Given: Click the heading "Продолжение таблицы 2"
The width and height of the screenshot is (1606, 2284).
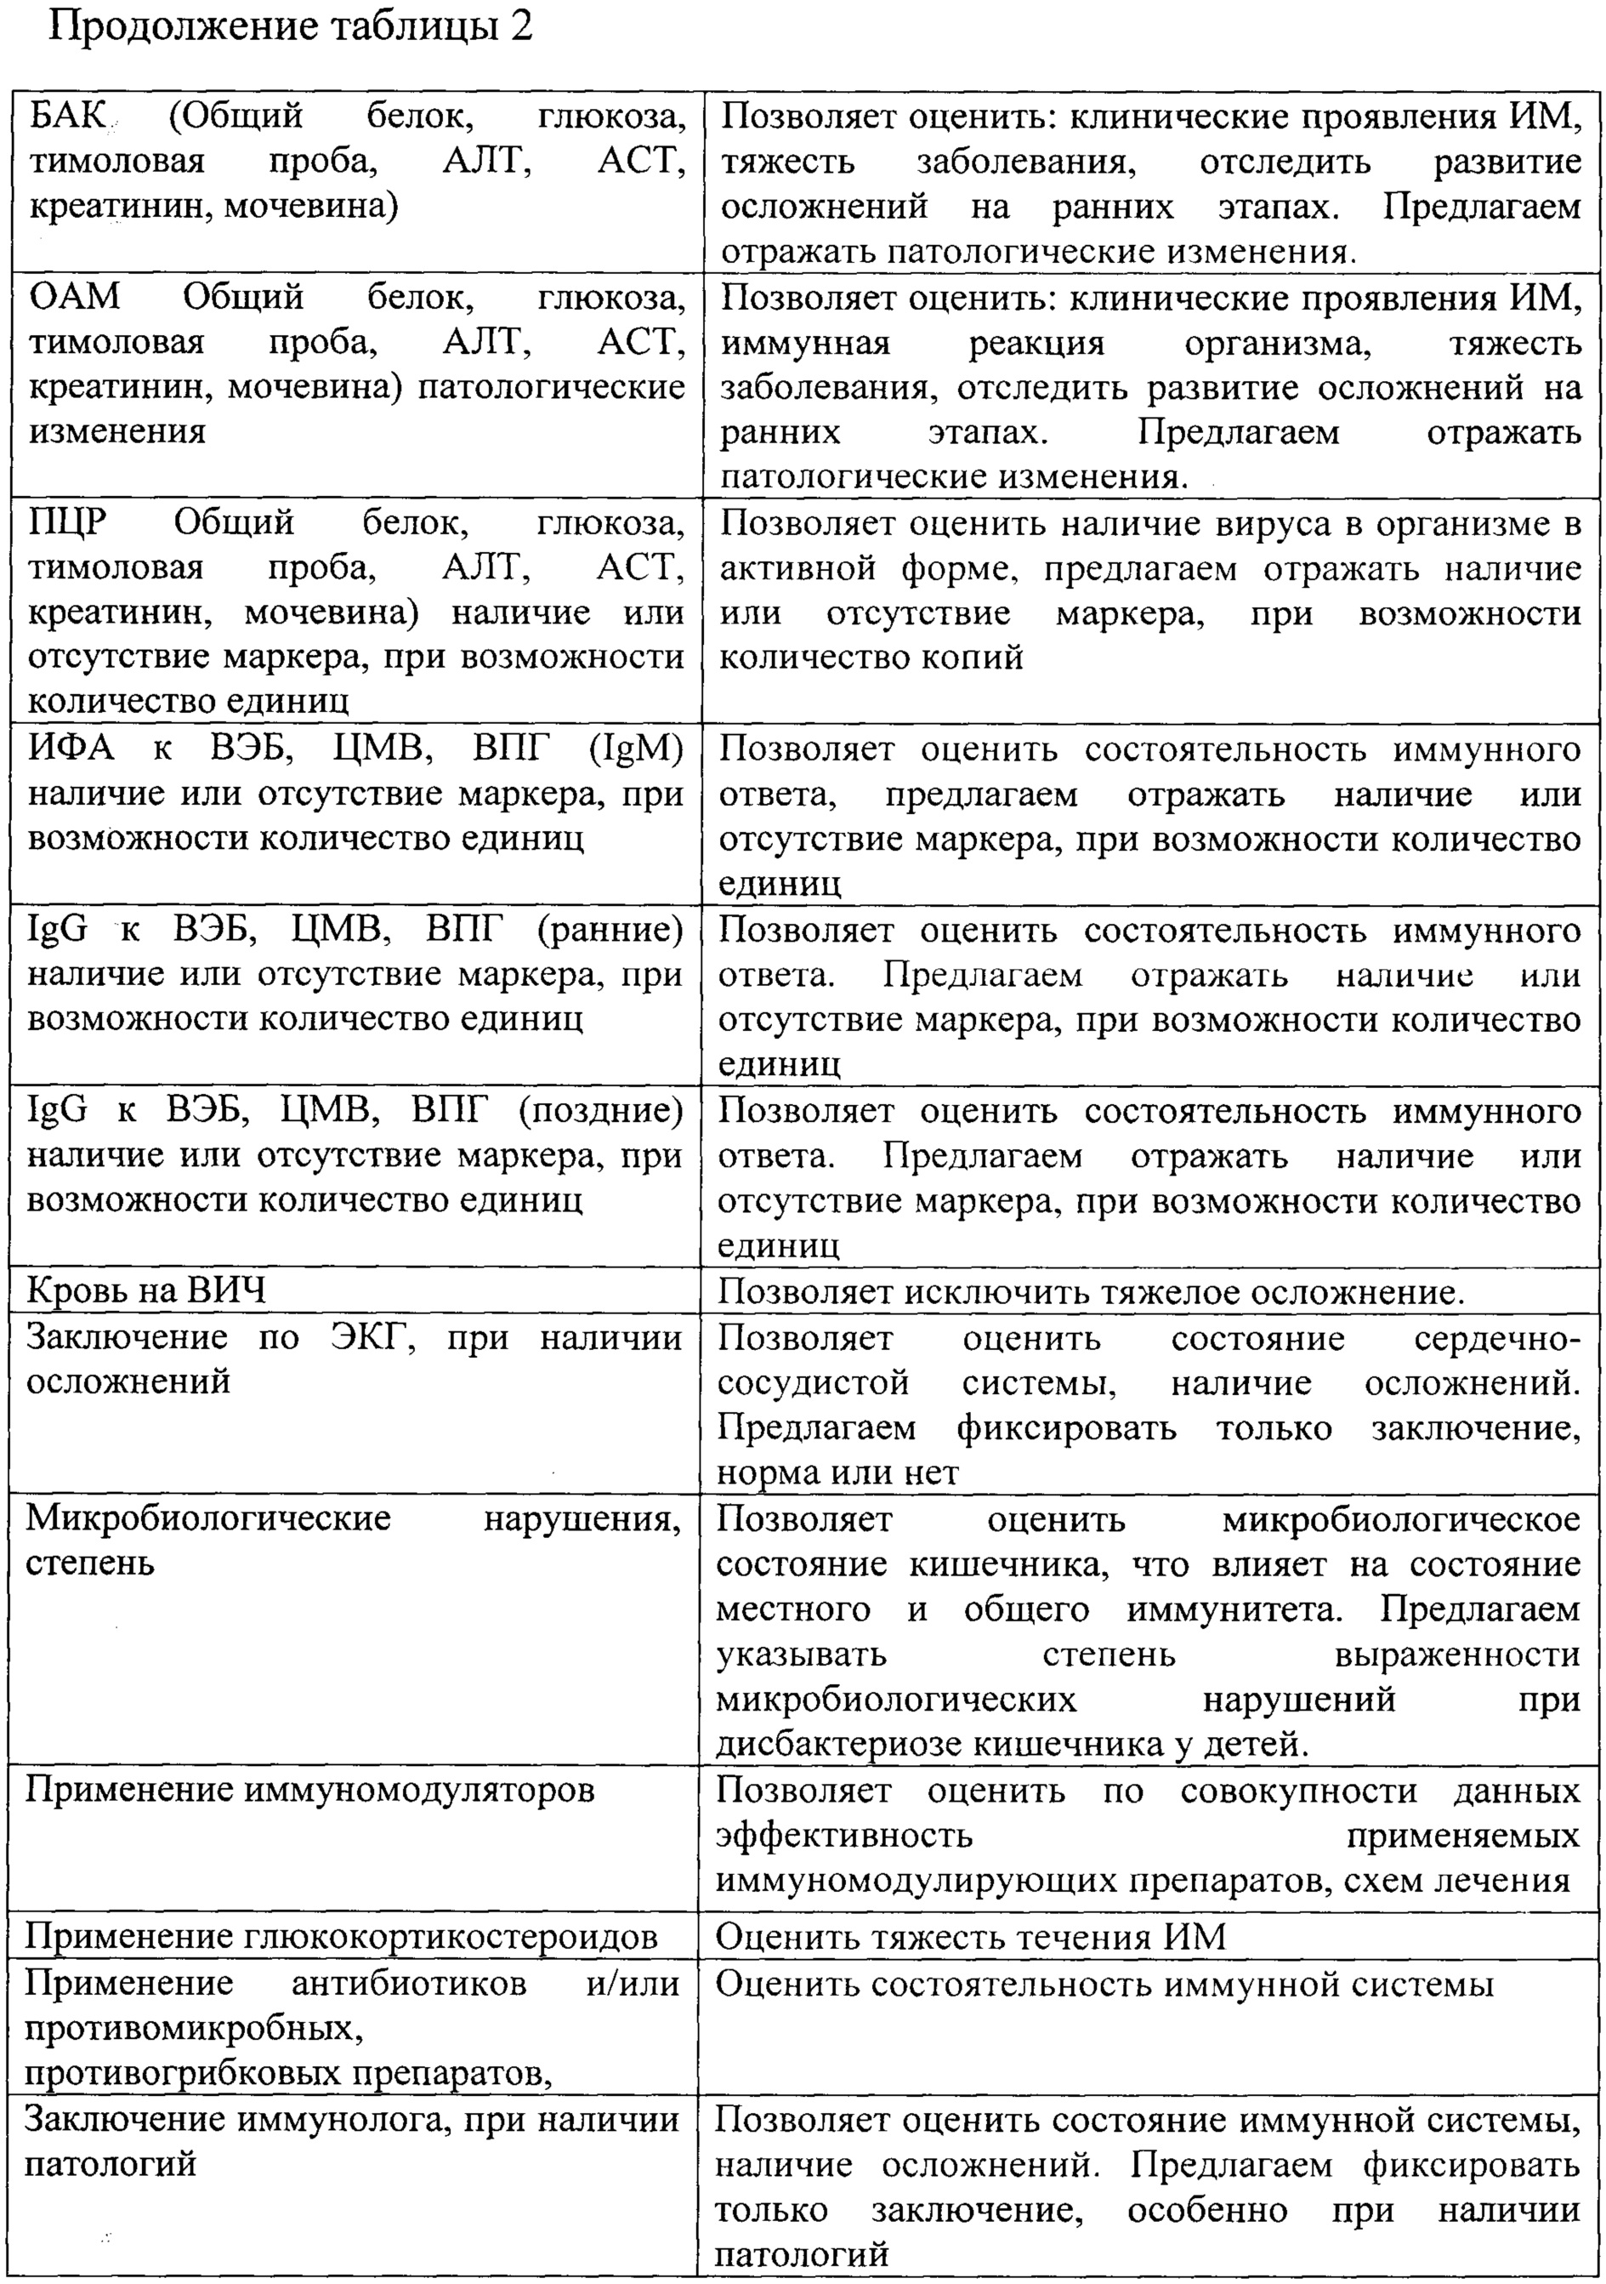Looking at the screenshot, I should [x=291, y=27].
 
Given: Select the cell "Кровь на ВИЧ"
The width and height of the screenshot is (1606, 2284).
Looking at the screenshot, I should [x=147, y=1291].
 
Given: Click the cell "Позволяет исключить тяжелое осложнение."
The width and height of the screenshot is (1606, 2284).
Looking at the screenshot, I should [x=1091, y=1291].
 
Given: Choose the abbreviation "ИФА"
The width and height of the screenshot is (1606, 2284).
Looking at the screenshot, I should [x=71, y=748].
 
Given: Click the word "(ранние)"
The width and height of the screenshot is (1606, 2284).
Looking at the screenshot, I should [x=610, y=929].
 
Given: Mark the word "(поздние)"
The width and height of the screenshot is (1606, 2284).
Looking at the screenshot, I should [x=600, y=1110].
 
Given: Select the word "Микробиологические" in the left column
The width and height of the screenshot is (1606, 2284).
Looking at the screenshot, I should [x=207, y=1518].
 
